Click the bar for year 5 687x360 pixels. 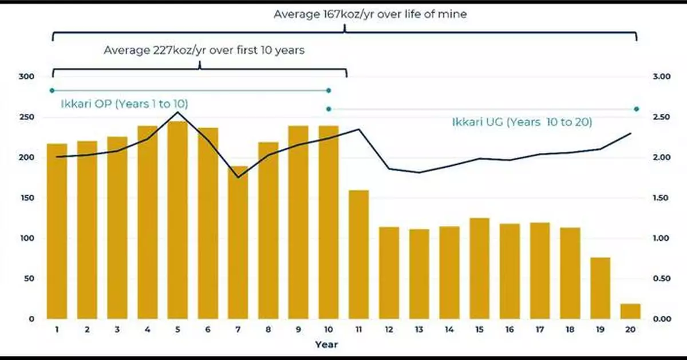click(177, 220)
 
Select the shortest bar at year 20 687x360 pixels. click(630, 311)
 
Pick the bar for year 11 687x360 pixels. click(358, 254)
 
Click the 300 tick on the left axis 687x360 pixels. click(27, 77)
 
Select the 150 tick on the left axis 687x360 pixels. click(27, 198)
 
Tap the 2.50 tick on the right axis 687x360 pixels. click(662, 117)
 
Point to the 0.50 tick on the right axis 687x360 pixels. click(662, 279)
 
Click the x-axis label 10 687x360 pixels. click(329, 330)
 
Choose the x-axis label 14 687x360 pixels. click(449, 330)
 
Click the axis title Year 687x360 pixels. click(326, 345)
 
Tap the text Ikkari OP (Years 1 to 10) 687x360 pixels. click(124, 104)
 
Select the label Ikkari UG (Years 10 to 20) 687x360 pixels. click(521, 122)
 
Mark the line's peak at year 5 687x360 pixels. click(177, 112)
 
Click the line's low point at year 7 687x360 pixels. click(238, 177)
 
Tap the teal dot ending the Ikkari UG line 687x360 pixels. click(637, 109)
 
